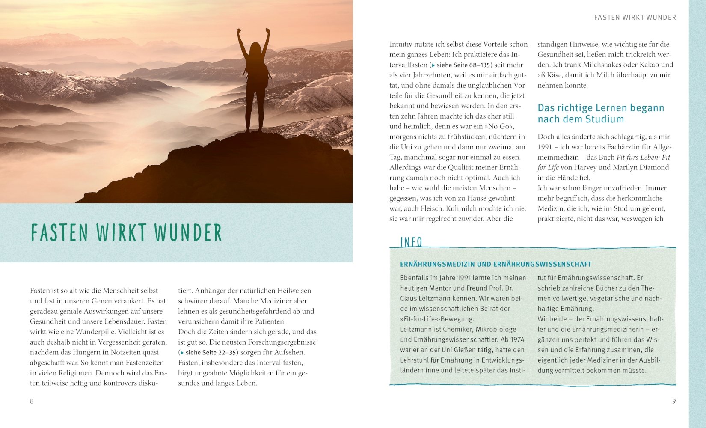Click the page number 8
pyautogui.click(x=32, y=401)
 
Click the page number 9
pyautogui.click(x=674, y=401)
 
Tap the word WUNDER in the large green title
pyautogui.click(x=188, y=233)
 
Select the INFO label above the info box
pyautogui.click(x=411, y=242)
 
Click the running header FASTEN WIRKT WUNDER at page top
pyautogui.click(x=635, y=18)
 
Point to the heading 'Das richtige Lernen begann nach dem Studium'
pyautogui.click(x=601, y=113)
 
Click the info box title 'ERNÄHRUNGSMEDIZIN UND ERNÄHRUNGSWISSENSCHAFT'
pyautogui.click(x=495, y=265)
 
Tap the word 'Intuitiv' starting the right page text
pyautogui.click(x=401, y=44)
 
